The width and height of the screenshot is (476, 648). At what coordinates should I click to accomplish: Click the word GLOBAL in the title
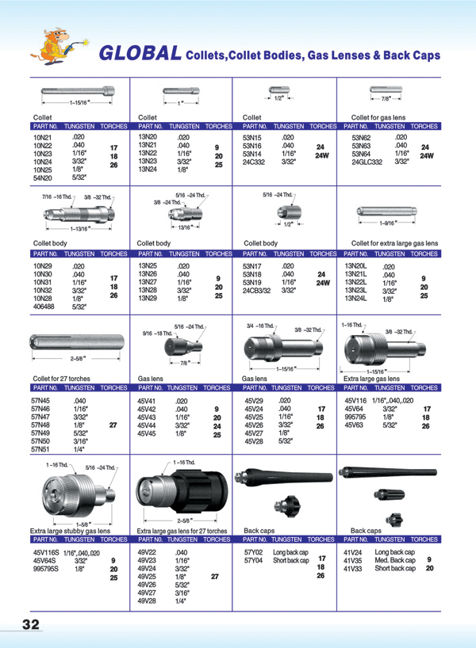tap(139, 53)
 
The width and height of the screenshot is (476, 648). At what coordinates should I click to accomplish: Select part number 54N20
tap(41, 178)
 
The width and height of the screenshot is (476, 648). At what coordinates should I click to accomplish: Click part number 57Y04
tap(255, 560)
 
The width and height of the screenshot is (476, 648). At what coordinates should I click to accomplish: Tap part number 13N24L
tap(355, 299)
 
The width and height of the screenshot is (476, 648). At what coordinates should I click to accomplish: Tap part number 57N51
tap(40, 449)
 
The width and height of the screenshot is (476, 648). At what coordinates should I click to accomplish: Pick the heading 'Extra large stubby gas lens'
tap(69, 530)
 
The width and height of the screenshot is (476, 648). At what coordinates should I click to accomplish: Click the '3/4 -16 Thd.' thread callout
tap(261, 325)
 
